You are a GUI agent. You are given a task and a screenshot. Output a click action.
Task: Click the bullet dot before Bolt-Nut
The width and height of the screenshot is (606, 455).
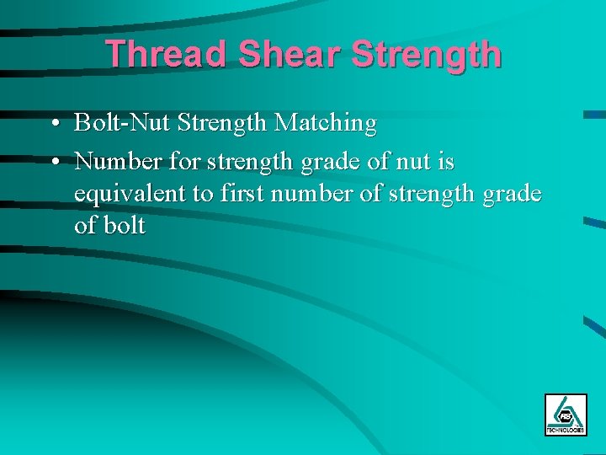pos(53,125)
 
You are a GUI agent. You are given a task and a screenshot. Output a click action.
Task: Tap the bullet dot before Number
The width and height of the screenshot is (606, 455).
pos(53,160)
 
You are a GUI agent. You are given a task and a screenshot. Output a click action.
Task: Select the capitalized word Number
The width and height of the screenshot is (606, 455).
pos(114,159)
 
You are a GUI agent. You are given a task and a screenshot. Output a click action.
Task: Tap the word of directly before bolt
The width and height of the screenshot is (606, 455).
pos(85,226)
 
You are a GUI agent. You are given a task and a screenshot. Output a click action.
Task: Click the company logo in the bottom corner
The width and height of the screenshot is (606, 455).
pos(566,415)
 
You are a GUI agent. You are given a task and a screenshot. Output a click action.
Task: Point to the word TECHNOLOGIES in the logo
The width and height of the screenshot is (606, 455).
pos(566,430)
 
